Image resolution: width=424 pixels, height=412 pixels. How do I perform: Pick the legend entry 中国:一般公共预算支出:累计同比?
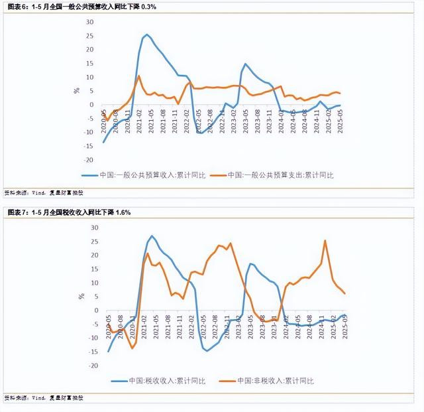click(281, 175)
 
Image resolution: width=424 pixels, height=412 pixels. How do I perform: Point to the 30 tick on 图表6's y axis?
click(91, 21)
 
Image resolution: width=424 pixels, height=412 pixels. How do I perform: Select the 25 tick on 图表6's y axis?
click(91, 35)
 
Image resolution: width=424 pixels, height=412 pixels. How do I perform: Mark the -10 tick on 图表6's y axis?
click(90, 132)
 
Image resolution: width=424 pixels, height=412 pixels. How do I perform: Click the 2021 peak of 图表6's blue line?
click(147, 34)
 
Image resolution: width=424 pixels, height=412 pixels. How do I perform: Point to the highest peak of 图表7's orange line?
click(325, 240)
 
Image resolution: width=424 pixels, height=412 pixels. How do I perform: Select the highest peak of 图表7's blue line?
click(152, 236)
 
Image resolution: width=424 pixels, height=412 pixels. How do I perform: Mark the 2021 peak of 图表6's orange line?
click(138, 76)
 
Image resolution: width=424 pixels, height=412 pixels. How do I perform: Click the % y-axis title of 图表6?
click(77, 90)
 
